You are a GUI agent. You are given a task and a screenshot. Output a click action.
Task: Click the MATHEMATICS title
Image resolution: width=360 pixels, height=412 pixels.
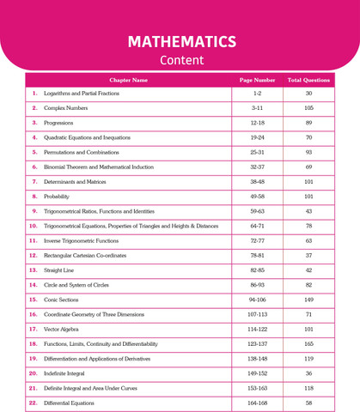point(181,41)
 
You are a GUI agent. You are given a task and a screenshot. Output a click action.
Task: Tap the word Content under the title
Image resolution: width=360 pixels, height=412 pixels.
point(181,60)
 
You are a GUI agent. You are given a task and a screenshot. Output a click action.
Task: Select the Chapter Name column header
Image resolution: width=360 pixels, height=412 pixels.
point(129,80)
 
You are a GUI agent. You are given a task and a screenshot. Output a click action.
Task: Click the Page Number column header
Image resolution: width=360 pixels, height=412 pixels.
point(257,80)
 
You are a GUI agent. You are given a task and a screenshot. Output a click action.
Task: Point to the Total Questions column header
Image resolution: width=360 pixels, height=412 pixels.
point(308,80)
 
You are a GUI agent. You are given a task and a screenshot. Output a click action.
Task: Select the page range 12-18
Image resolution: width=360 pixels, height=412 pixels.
point(257,122)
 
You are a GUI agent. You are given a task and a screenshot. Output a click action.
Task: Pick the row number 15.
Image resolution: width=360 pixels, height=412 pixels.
point(34,299)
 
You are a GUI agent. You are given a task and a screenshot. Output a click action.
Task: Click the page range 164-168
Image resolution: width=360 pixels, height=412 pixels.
point(257,402)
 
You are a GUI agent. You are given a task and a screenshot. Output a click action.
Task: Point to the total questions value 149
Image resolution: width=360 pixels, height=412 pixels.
point(308,299)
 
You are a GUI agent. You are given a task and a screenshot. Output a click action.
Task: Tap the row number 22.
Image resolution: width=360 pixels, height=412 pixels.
point(34,402)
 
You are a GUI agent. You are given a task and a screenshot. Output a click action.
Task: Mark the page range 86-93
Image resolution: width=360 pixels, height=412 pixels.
point(257,284)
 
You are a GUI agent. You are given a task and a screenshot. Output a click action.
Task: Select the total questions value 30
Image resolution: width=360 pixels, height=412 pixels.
point(308,93)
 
